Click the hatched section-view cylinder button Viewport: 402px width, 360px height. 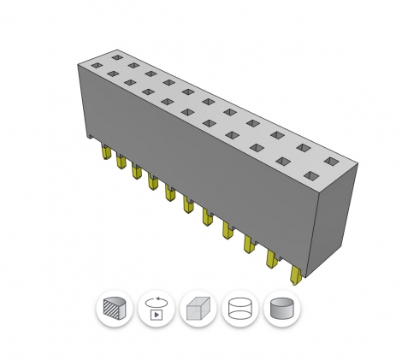(114, 309)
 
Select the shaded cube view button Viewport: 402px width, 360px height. (198, 309)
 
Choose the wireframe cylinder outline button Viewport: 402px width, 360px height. (239, 309)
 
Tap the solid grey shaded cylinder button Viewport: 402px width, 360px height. (281, 309)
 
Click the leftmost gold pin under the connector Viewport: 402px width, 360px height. (105, 153)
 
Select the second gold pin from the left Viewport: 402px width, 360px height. (121, 162)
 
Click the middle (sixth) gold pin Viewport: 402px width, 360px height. (187, 204)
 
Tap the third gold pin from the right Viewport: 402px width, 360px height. (250, 245)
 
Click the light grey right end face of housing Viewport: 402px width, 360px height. (336, 218)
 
